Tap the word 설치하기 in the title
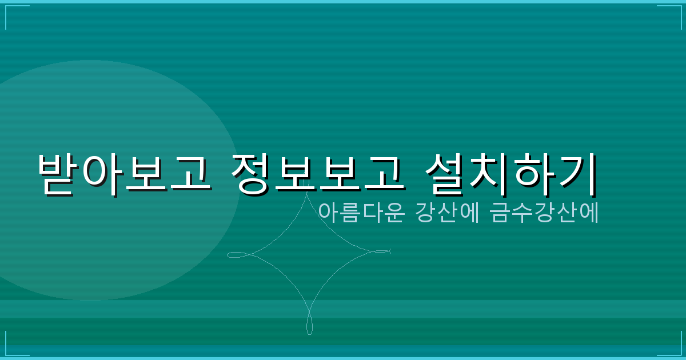click(512, 173)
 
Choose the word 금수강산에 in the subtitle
click(544, 212)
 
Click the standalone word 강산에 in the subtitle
click(448, 212)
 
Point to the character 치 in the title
click(489, 173)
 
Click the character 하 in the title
click(534, 173)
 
